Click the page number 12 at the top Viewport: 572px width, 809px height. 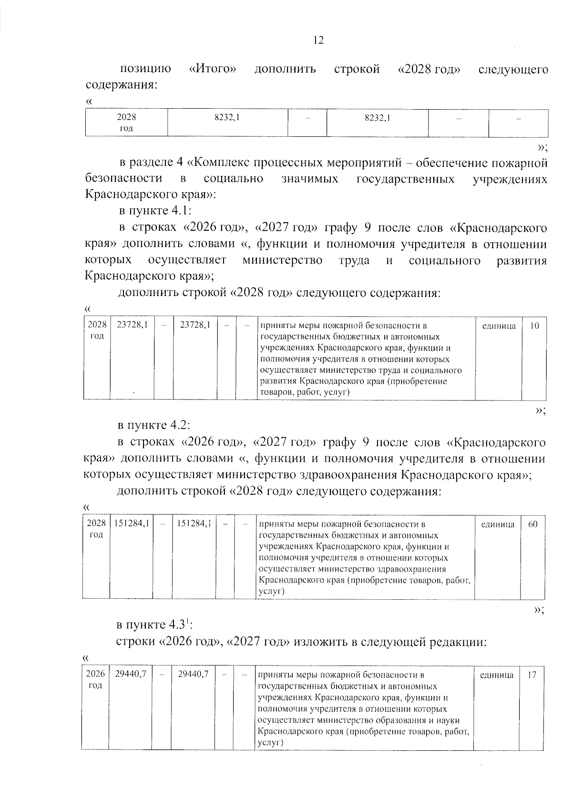318,40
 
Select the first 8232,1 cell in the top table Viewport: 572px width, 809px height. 227,118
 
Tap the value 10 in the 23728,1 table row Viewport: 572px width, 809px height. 534,326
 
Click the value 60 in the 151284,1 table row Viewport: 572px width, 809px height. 533,524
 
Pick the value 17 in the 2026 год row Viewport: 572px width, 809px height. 532,675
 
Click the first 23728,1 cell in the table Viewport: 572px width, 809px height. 132,326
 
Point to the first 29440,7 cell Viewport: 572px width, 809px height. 130,675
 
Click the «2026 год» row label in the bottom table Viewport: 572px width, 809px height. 95,680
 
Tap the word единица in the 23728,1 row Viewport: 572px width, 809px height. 499,326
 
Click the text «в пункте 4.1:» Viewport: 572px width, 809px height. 155,211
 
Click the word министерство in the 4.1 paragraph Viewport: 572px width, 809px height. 282,261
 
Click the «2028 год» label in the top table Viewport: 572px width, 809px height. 126,123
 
